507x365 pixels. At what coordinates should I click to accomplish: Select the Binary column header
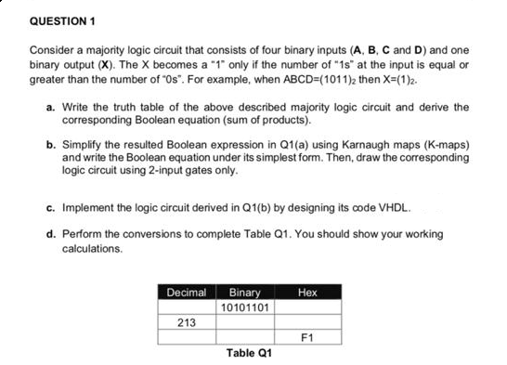244,293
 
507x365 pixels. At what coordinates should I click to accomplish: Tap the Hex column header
308,293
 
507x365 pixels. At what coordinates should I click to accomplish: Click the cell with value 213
187,322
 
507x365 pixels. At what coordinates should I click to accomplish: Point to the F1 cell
308,336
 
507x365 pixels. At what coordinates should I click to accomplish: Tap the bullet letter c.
49,205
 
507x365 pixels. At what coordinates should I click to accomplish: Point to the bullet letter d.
49,233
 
